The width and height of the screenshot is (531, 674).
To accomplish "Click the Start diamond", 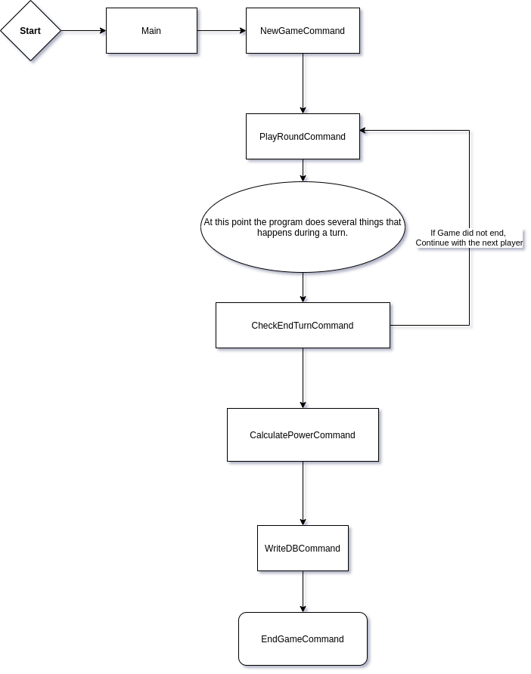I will click(30, 31).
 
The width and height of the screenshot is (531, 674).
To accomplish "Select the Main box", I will click(151, 31).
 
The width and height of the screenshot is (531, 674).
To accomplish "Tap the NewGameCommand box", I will click(303, 31).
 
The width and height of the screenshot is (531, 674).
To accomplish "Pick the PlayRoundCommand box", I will click(303, 137).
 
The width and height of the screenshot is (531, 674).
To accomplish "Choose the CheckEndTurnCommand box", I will click(303, 326).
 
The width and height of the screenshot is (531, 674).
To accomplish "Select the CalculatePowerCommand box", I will click(303, 435).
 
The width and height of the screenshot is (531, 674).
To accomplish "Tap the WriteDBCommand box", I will click(303, 549).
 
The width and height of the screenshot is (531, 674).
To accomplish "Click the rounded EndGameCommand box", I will click(303, 639).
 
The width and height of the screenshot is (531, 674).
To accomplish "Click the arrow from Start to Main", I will click(83, 32).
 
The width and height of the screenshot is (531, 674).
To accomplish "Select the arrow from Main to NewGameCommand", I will click(222, 32).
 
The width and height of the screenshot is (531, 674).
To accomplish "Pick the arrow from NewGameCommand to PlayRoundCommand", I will click(305, 83).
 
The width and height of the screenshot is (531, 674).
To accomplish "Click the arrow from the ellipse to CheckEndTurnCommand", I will click(305, 287).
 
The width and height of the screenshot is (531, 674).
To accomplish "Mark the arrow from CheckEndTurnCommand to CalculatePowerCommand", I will click(305, 378).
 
